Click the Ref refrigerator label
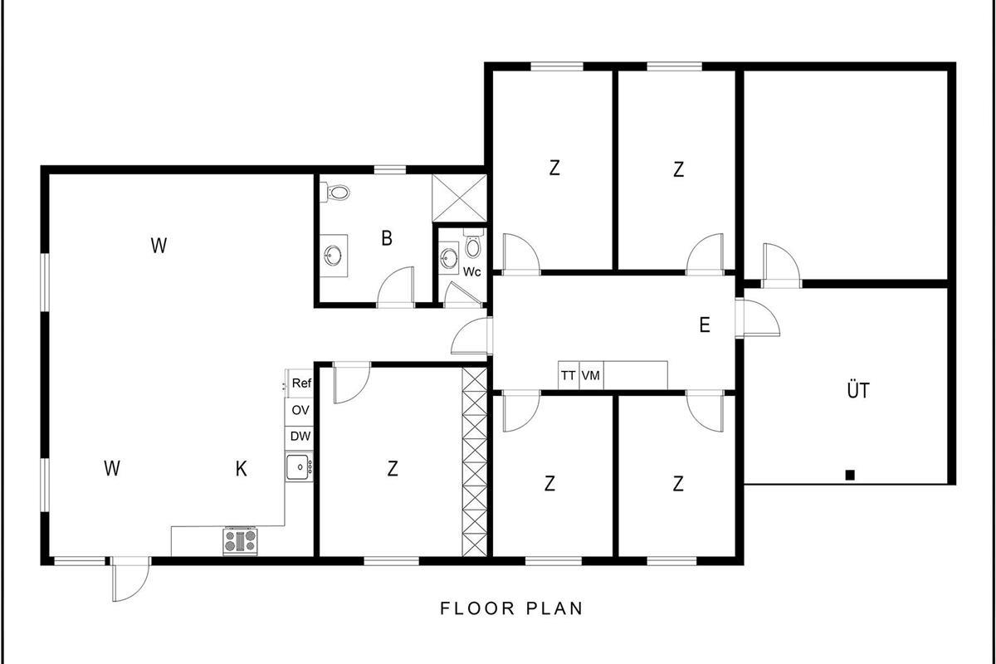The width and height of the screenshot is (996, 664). click(x=301, y=383)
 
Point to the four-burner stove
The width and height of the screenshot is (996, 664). click(x=240, y=541)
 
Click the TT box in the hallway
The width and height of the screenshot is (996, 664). click(x=569, y=375)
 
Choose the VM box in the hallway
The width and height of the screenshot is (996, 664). click(x=591, y=375)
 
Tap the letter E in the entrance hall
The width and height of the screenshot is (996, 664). click(x=705, y=325)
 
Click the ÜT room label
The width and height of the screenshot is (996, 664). click(x=858, y=389)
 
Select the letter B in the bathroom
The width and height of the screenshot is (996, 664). click(x=387, y=238)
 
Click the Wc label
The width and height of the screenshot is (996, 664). click(x=471, y=271)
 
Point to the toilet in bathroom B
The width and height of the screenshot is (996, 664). click(x=336, y=193)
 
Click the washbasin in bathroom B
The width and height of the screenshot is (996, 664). click(x=333, y=256)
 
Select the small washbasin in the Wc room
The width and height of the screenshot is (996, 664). click(x=448, y=256)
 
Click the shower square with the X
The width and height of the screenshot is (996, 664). click(x=460, y=198)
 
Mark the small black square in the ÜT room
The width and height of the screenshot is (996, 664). click(x=850, y=475)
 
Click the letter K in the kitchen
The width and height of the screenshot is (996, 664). click(x=241, y=469)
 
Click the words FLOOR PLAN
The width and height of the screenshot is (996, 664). click(x=511, y=608)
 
